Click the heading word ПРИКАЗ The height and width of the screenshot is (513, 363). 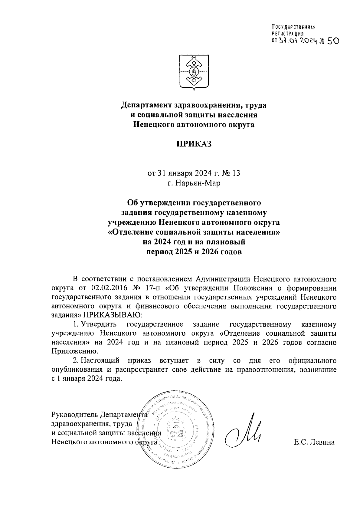(194, 144)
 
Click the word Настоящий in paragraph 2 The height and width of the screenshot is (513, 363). (101, 360)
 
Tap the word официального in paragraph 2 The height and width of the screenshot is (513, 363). (312, 360)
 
